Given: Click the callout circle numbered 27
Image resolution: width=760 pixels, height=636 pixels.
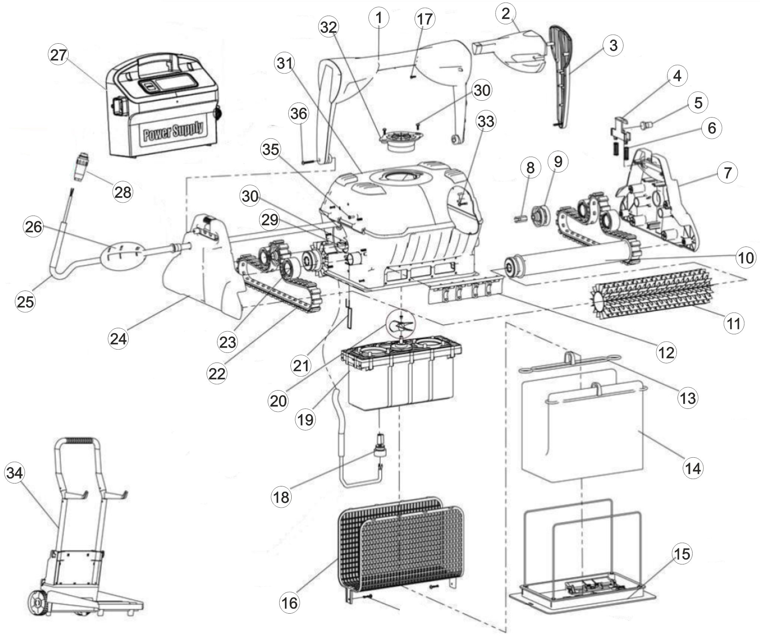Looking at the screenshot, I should point(58,55).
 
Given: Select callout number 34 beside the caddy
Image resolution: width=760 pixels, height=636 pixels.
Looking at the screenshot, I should point(14,473).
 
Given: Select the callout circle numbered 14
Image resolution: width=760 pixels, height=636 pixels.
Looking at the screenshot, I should point(693,468).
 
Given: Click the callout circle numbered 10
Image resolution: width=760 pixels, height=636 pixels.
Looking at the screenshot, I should point(745,257).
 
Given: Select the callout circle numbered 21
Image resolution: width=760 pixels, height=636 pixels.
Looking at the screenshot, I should point(301,365).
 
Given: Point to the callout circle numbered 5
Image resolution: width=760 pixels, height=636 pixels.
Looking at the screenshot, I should point(698,102).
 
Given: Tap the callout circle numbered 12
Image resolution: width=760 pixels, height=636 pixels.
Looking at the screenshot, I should point(666,353).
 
